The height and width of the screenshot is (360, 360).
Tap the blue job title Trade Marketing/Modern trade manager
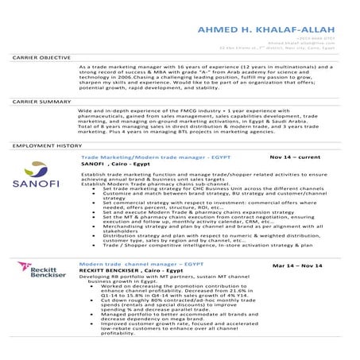click(143, 159)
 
